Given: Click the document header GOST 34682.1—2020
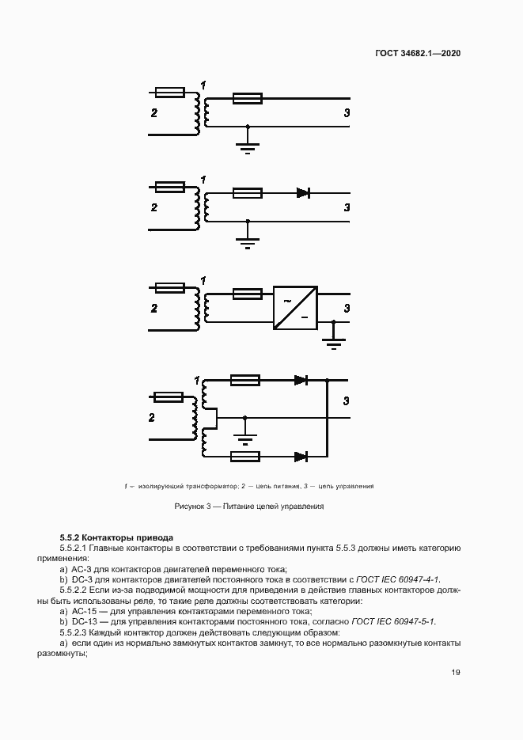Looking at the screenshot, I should (x=418, y=53).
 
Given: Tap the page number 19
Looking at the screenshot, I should (x=456, y=673).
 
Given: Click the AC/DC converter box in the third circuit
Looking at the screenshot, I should (x=294, y=307).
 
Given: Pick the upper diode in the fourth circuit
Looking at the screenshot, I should (x=301, y=381).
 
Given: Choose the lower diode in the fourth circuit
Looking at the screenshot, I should (x=301, y=456).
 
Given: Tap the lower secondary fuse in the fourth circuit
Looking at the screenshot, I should (x=244, y=456).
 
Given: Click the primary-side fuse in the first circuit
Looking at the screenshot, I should (x=170, y=93).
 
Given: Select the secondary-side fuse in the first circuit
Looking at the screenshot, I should (x=247, y=99).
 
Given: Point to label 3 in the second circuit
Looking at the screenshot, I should (x=347, y=207).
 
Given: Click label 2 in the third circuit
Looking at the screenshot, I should (x=154, y=308).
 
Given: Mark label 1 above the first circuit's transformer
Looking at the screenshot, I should (x=203, y=85).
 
